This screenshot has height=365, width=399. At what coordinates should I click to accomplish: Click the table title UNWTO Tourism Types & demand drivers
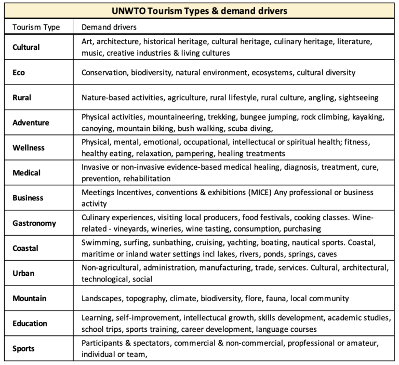(199, 10)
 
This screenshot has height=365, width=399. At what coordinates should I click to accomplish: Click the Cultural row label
(26, 47)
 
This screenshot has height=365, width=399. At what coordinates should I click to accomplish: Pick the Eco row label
(19, 73)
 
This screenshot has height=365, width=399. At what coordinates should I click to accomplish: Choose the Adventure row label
(31, 123)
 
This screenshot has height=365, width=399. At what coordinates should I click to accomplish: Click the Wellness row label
(29, 147)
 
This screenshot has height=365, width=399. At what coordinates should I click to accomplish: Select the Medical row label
(26, 173)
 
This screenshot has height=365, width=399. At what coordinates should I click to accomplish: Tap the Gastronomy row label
(34, 223)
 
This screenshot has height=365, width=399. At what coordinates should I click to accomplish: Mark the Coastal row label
(25, 248)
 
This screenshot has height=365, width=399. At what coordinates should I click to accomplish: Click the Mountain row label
(30, 298)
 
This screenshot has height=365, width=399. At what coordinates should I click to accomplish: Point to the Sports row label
(23, 348)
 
